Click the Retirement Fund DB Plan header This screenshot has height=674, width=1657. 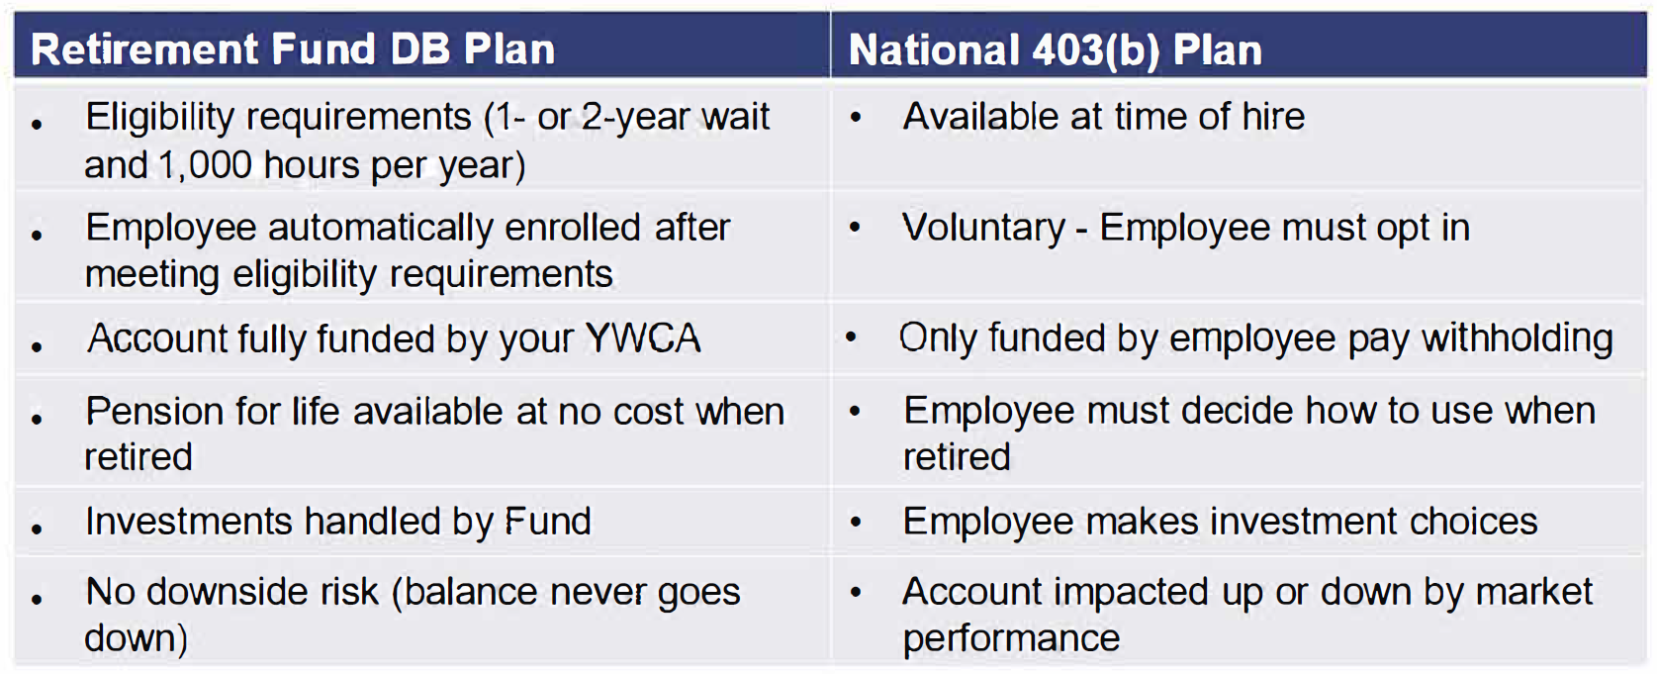[293, 48]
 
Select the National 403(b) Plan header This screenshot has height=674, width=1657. [1055, 50]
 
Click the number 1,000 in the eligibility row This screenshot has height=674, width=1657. [205, 165]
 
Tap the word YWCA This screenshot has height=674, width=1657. [643, 338]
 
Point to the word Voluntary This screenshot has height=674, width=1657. [984, 227]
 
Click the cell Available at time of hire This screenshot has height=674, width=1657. [1104, 116]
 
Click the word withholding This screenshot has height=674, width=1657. [1518, 338]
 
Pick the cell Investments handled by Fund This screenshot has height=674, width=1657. [338, 521]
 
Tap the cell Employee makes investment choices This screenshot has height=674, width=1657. [1221, 522]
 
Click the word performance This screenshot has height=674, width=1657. [1011, 637]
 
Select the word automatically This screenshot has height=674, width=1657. [380, 228]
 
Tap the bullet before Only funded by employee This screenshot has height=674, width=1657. [851, 338]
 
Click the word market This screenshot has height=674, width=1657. [1534, 592]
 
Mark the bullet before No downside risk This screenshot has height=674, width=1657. [37, 599]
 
